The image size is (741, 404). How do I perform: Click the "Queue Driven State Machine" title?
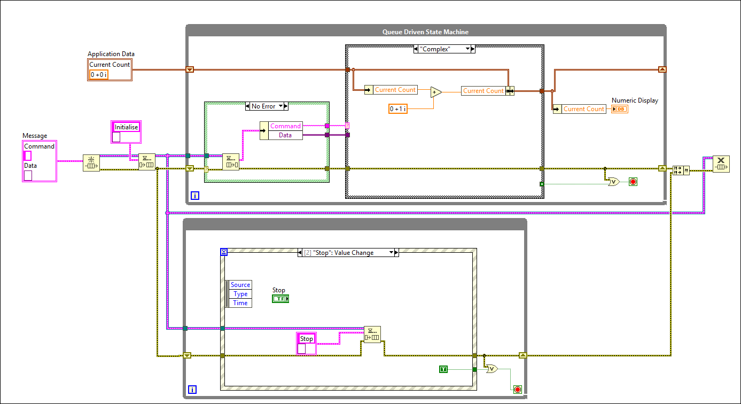click(x=425, y=32)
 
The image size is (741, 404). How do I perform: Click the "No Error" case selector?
click(x=266, y=106)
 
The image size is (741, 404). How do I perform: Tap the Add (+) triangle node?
click(x=435, y=92)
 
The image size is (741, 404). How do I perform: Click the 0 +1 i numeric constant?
click(x=397, y=109)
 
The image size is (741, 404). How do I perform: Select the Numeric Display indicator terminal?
click(x=620, y=109)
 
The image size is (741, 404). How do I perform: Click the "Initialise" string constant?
click(x=126, y=127)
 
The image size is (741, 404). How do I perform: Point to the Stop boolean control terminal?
click(x=280, y=299)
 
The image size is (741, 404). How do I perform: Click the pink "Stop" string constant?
click(x=306, y=339)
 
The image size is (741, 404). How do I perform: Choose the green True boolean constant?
click(x=443, y=369)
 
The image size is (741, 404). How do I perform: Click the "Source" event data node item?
click(x=240, y=285)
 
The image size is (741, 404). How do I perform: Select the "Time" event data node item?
click(x=240, y=303)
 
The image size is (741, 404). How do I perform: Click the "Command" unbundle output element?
click(x=285, y=126)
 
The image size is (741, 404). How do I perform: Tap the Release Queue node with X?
click(x=721, y=164)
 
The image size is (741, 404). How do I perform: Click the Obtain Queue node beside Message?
click(x=91, y=163)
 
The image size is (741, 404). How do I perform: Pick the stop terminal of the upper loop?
click(x=633, y=182)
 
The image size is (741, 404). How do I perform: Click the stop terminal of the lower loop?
click(x=517, y=389)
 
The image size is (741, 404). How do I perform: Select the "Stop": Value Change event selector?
click(x=348, y=253)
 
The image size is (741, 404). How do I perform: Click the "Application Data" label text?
click(x=111, y=54)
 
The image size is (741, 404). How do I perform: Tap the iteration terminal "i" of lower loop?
click(x=192, y=390)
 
